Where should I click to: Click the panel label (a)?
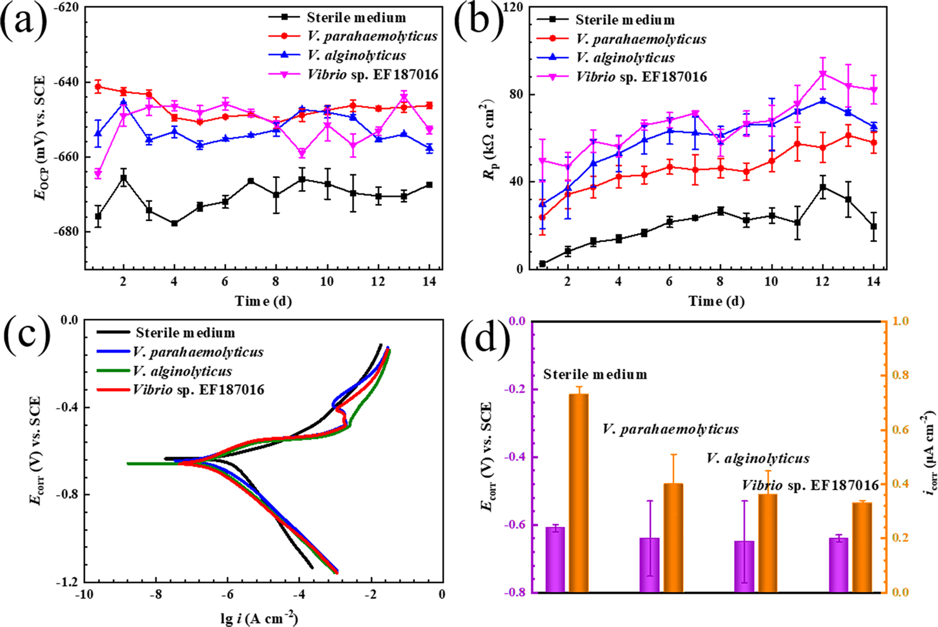click(x=24, y=22)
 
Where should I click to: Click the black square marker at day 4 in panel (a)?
click(x=174, y=223)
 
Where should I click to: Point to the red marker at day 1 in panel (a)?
click(x=98, y=87)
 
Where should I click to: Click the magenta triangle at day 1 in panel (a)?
click(x=98, y=174)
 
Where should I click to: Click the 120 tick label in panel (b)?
click(x=514, y=7)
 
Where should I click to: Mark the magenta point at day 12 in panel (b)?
click(x=823, y=73)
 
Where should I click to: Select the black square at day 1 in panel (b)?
click(x=542, y=264)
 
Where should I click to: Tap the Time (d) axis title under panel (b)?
click(x=716, y=301)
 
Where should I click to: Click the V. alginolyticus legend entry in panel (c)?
click(x=182, y=371)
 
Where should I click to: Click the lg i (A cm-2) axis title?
click(x=259, y=619)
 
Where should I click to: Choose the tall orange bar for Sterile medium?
click(x=579, y=493)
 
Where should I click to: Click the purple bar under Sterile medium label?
click(x=555, y=559)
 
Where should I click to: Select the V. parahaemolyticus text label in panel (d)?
click(x=670, y=429)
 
